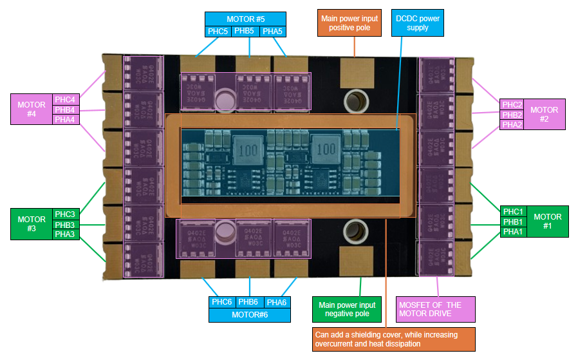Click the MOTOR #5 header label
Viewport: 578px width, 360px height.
tap(245, 19)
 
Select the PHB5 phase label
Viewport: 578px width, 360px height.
tap(245, 32)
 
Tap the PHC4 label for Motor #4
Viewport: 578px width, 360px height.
tap(66, 99)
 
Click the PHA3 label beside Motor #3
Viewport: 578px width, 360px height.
tap(64, 234)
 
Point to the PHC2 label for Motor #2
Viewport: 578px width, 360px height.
tap(512, 104)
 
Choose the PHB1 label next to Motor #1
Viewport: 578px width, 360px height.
tap(513, 222)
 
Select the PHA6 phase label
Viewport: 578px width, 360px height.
tap(277, 302)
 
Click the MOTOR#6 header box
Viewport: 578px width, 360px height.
tap(249, 314)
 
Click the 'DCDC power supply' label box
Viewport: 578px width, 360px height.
tap(418, 23)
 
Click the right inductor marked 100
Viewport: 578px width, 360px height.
tap(326, 149)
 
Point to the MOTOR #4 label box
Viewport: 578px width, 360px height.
tap(32, 109)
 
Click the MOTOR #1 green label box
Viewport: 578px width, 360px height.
tap(547, 222)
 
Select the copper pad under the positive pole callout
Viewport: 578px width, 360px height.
tap(355, 68)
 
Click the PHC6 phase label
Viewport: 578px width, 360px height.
tap(221, 302)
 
